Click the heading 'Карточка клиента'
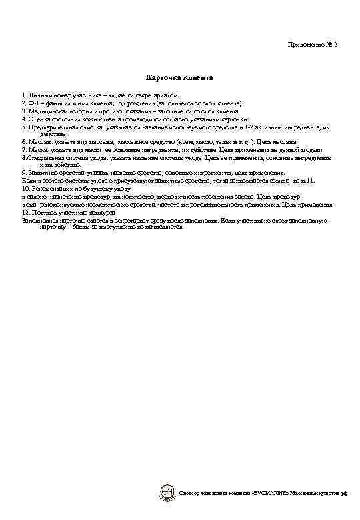pos(179,78)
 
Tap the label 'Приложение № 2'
pos(312,44)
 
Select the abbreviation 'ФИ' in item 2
pos(33,104)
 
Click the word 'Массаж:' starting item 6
pos(39,142)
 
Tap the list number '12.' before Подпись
pos(26,213)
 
